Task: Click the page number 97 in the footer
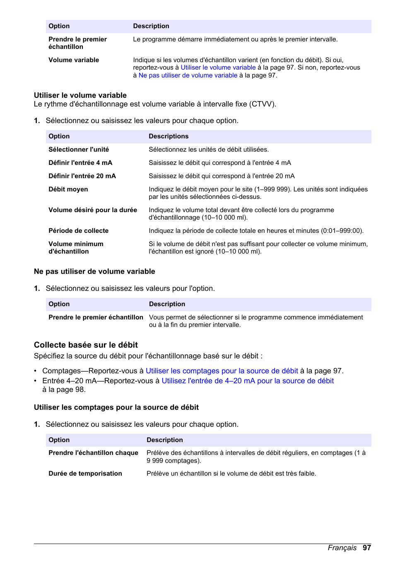click(x=366, y=548)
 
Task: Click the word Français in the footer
click(x=342, y=548)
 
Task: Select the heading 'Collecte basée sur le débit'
click(x=86, y=345)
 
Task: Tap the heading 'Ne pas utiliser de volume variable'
click(x=94, y=271)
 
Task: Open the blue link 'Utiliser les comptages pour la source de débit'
click(x=222, y=371)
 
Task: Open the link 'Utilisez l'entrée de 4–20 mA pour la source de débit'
click(x=247, y=381)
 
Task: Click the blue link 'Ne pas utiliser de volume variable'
click(x=188, y=75)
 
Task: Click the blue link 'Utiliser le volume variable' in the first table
click(x=218, y=68)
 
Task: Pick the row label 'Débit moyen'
click(x=68, y=189)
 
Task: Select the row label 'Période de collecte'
click(x=78, y=231)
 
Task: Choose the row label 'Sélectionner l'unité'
click(x=79, y=150)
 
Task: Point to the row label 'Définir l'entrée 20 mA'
click(x=82, y=176)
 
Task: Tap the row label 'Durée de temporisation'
click(x=85, y=474)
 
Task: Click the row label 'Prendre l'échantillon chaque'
click(x=93, y=453)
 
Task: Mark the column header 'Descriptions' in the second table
click(x=169, y=136)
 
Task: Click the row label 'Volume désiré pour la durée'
click(x=92, y=210)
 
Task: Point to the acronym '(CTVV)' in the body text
click(x=262, y=104)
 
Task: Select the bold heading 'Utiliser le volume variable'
click(x=80, y=95)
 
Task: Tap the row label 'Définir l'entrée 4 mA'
click(x=80, y=163)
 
